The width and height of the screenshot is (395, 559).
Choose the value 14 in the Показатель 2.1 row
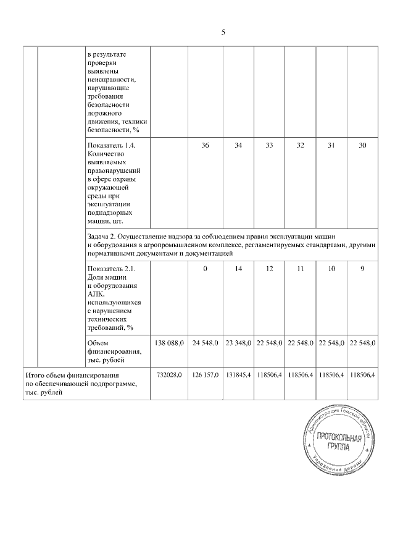point(238,269)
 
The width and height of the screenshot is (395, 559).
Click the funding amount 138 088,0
point(168,343)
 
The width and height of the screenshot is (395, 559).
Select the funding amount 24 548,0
point(205,343)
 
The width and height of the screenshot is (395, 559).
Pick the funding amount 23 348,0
point(237,343)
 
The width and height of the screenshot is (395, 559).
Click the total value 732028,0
point(168,375)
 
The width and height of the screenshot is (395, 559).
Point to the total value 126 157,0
point(205,375)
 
